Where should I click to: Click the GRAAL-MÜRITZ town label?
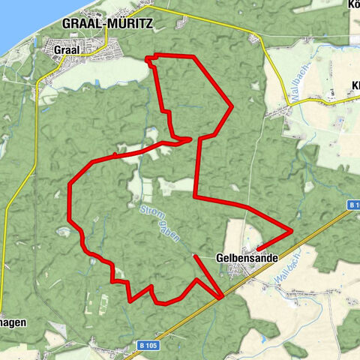(108, 24)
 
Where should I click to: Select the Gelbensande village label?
(246, 257)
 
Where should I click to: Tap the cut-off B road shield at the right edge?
(354, 205)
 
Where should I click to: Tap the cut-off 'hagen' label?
(12, 322)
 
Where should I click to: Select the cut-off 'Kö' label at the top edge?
(353, 4)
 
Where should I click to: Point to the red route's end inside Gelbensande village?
(257, 248)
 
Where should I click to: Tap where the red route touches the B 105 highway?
(220, 298)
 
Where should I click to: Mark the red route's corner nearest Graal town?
(147, 56)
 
